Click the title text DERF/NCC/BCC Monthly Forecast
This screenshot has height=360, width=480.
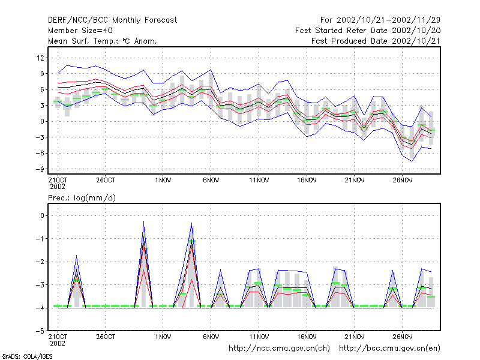pos(112,20)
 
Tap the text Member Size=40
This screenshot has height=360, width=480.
pos(80,31)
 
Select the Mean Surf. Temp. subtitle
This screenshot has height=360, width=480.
pos(103,41)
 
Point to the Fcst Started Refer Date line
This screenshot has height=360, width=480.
pos(368,31)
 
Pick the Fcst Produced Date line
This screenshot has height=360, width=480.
pos(376,41)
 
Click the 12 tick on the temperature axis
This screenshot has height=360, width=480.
pos(40,58)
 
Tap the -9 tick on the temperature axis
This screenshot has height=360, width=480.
pos(40,169)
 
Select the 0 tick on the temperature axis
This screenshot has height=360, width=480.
pos(42,122)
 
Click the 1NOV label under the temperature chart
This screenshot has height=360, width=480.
pos(163,181)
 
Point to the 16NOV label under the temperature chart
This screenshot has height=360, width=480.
pos(307,181)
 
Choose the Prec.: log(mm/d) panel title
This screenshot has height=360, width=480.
pos(82,198)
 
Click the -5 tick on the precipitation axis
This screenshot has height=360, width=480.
pos(40,331)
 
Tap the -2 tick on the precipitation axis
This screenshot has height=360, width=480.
pos(40,262)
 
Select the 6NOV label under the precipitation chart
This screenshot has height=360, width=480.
pos(211,337)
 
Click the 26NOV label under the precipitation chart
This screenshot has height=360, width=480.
pos(402,337)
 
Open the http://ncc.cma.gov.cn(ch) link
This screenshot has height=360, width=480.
pos(279,349)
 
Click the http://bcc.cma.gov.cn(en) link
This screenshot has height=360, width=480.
pos(389,349)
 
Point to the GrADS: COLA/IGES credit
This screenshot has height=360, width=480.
pos(27,356)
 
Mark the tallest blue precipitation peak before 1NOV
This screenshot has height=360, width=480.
pos(143,221)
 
